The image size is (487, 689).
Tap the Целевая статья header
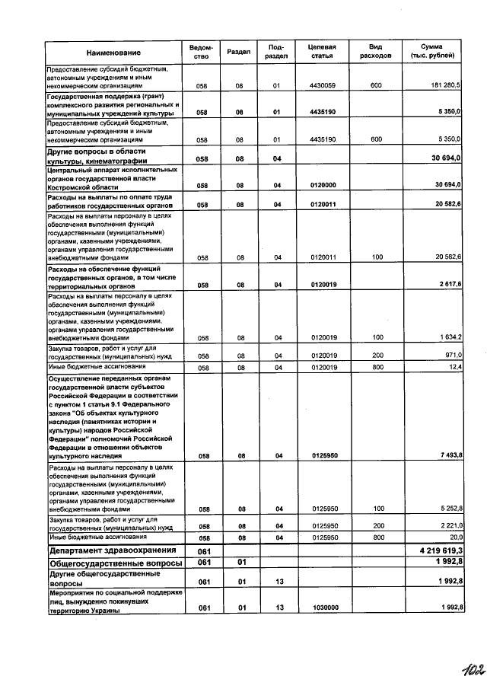pyautogui.click(x=322, y=52)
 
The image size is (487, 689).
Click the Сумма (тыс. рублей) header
pyautogui.click(x=433, y=52)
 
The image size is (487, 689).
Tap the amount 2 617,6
pyautogui.click(x=448, y=285)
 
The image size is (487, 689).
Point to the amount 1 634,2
pyautogui.click(x=448, y=337)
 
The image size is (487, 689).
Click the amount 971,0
pyautogui.click(x=451, y=355)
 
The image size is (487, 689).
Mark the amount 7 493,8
pyautogui.click(x=448, y=455)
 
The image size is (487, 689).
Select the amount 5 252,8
pyautogui.click(x=448, y=509)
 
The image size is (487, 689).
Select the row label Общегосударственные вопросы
pyautogui.click(x=115, y=563)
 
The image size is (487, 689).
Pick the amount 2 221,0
pyautogui.click(x=448, y=525)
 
